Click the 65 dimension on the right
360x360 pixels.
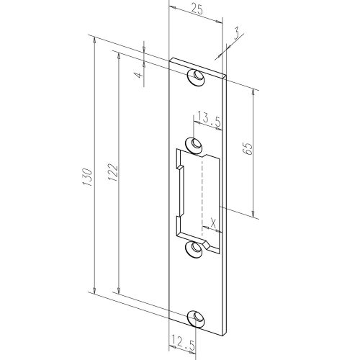[x=246, y=149]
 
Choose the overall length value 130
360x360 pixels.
[x=86, y=176]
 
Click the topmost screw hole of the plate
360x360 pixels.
[x=194, y=77]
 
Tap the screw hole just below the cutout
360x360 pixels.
[x=194, y=248]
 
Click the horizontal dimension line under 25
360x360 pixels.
[x=197, y=19]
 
